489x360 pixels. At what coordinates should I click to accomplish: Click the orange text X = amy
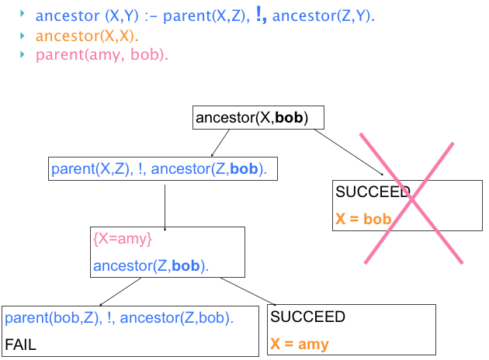(300, 344)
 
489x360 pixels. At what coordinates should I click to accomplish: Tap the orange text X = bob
(363, 220)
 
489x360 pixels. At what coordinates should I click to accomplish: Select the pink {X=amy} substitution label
(122, 238)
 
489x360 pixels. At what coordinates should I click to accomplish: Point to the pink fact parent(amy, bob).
(102, 54)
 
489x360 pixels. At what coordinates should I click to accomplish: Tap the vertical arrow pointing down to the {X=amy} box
(165, 204)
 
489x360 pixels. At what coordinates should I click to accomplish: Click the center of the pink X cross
(407, 200)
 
